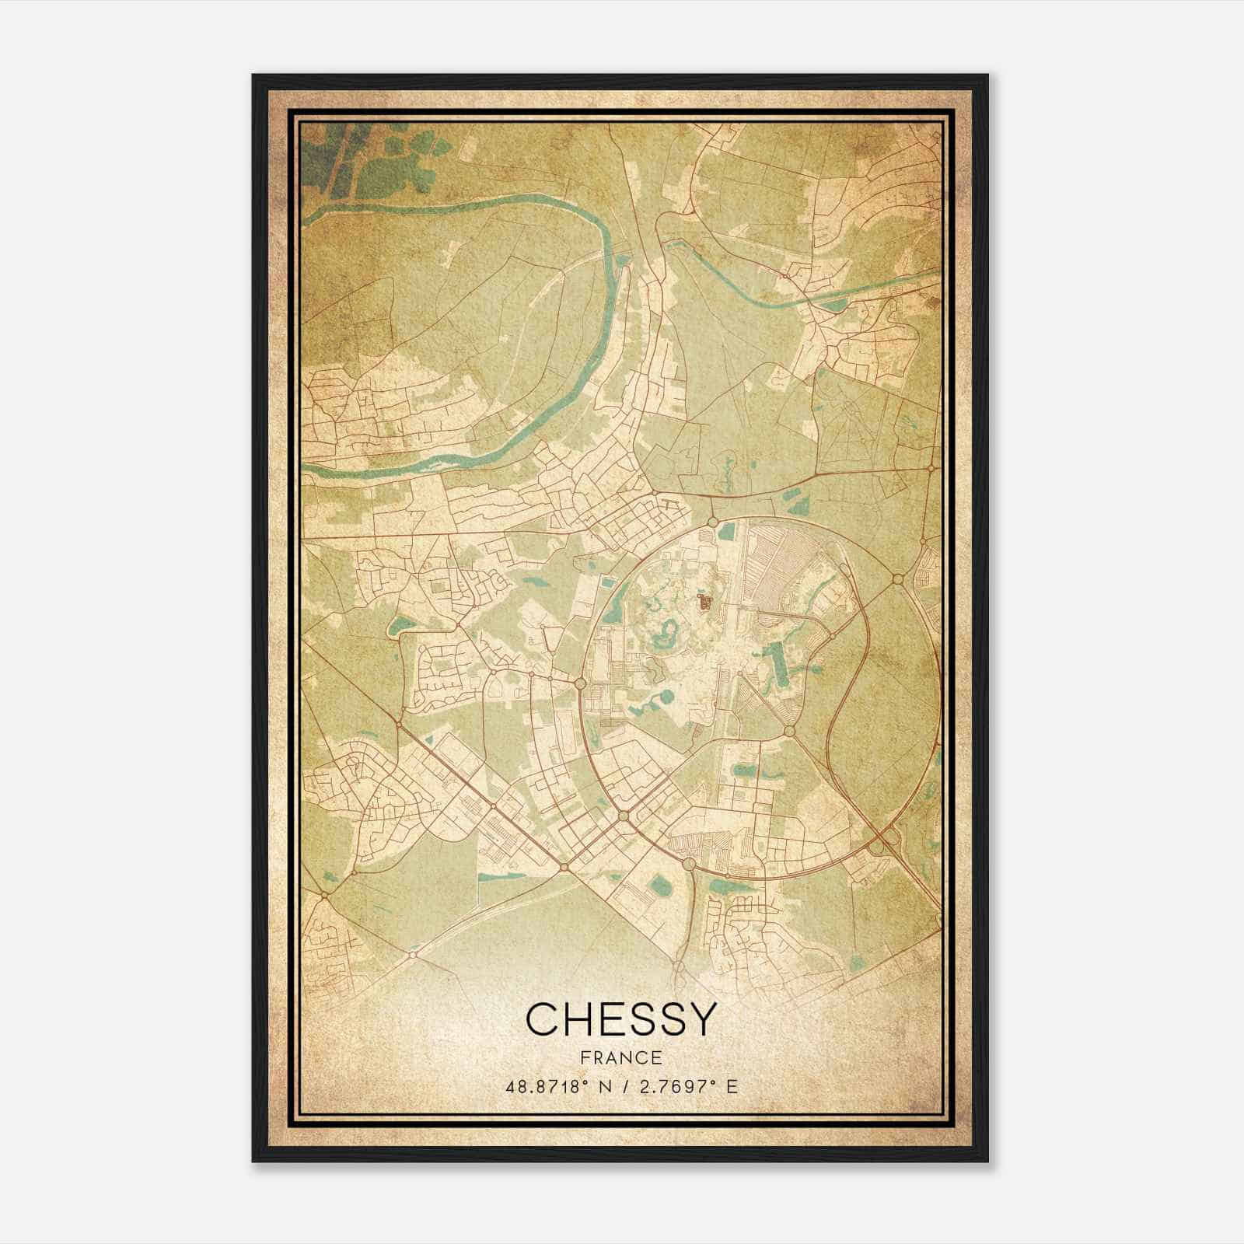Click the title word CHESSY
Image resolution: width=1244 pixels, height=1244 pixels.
coord(620,1019)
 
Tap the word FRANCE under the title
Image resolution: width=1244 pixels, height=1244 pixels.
coord(620,1058)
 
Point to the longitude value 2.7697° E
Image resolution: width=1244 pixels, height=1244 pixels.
coord(687,1087)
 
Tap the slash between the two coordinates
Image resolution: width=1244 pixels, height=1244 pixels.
coord(622,1087)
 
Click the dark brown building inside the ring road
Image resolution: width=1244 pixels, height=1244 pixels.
coord(704,602)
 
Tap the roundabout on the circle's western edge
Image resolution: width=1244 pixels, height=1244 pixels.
coord(581,683)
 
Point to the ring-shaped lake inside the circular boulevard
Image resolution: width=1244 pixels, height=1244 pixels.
coord(667,631)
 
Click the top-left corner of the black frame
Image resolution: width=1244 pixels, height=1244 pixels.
coord(253,75)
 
